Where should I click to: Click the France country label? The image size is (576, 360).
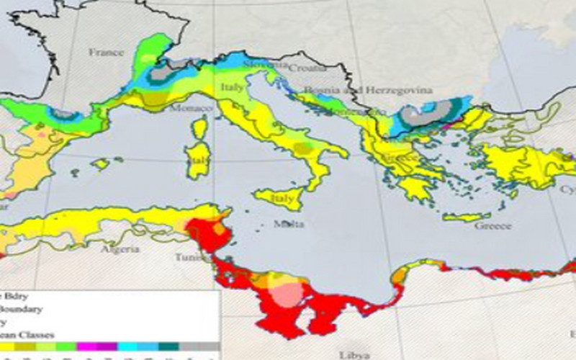click(x=107, y=52)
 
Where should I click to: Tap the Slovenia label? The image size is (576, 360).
click(x=261, y=64)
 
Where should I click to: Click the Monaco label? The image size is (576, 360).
click(x=191, y=109)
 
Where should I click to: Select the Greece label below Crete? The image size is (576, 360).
click(x=492, y=225)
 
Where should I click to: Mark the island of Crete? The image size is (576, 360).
click(x=467, y=217)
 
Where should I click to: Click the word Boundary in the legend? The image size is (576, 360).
click(x=22, y=309)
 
